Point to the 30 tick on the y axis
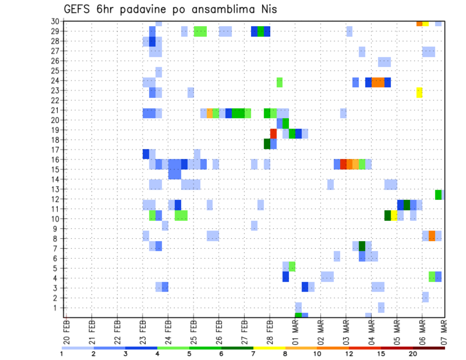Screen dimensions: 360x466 click(x=56, y=21)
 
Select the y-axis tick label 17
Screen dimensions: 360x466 click(x=56, y=150)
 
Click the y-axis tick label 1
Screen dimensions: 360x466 click(x=58, y=308)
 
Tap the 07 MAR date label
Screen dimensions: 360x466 click(x=444, y=331)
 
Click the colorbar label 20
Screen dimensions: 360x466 click(x=413, y=354)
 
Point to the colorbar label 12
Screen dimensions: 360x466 click(x=349, y=354)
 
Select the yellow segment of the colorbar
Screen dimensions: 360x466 click(x=269, y=347)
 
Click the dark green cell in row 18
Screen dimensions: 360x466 click(x=267, y=144)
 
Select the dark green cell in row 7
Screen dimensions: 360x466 click(x=362, y=246)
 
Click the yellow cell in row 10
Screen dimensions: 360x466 click(x=394, y=215)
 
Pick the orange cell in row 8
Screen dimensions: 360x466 click(x=432, y=236)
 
